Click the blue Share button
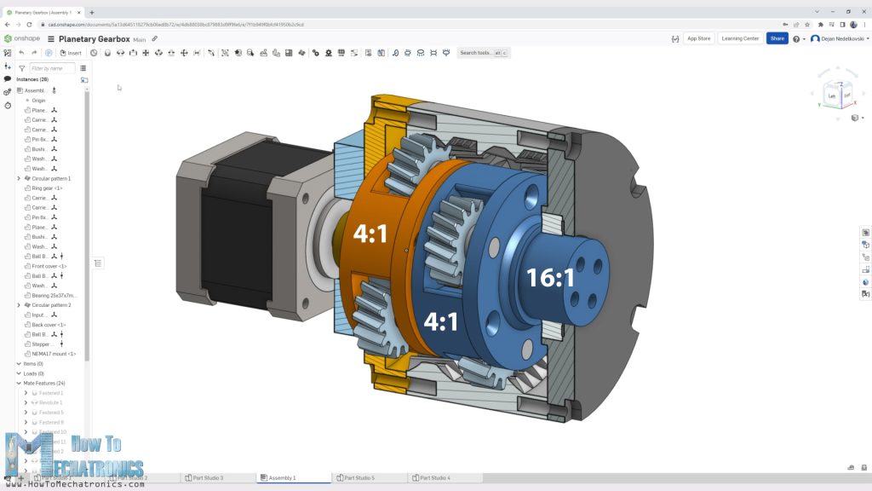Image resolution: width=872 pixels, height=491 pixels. coord(777,38)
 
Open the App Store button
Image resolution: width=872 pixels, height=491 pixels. coord(698,38)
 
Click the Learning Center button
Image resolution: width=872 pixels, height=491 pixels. coord(739,38)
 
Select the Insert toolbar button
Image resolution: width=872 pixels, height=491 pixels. coord(71,53)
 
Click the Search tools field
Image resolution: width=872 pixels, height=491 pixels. coord(477,53)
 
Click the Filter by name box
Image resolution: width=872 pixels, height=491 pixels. coord(51,68)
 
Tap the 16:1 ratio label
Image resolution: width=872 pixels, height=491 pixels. coord(550,278)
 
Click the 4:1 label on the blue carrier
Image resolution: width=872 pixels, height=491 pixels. coord(441,321)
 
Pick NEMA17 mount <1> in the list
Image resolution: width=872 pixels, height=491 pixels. coord(54,354)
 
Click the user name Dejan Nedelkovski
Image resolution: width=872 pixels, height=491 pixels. coord(838,38)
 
